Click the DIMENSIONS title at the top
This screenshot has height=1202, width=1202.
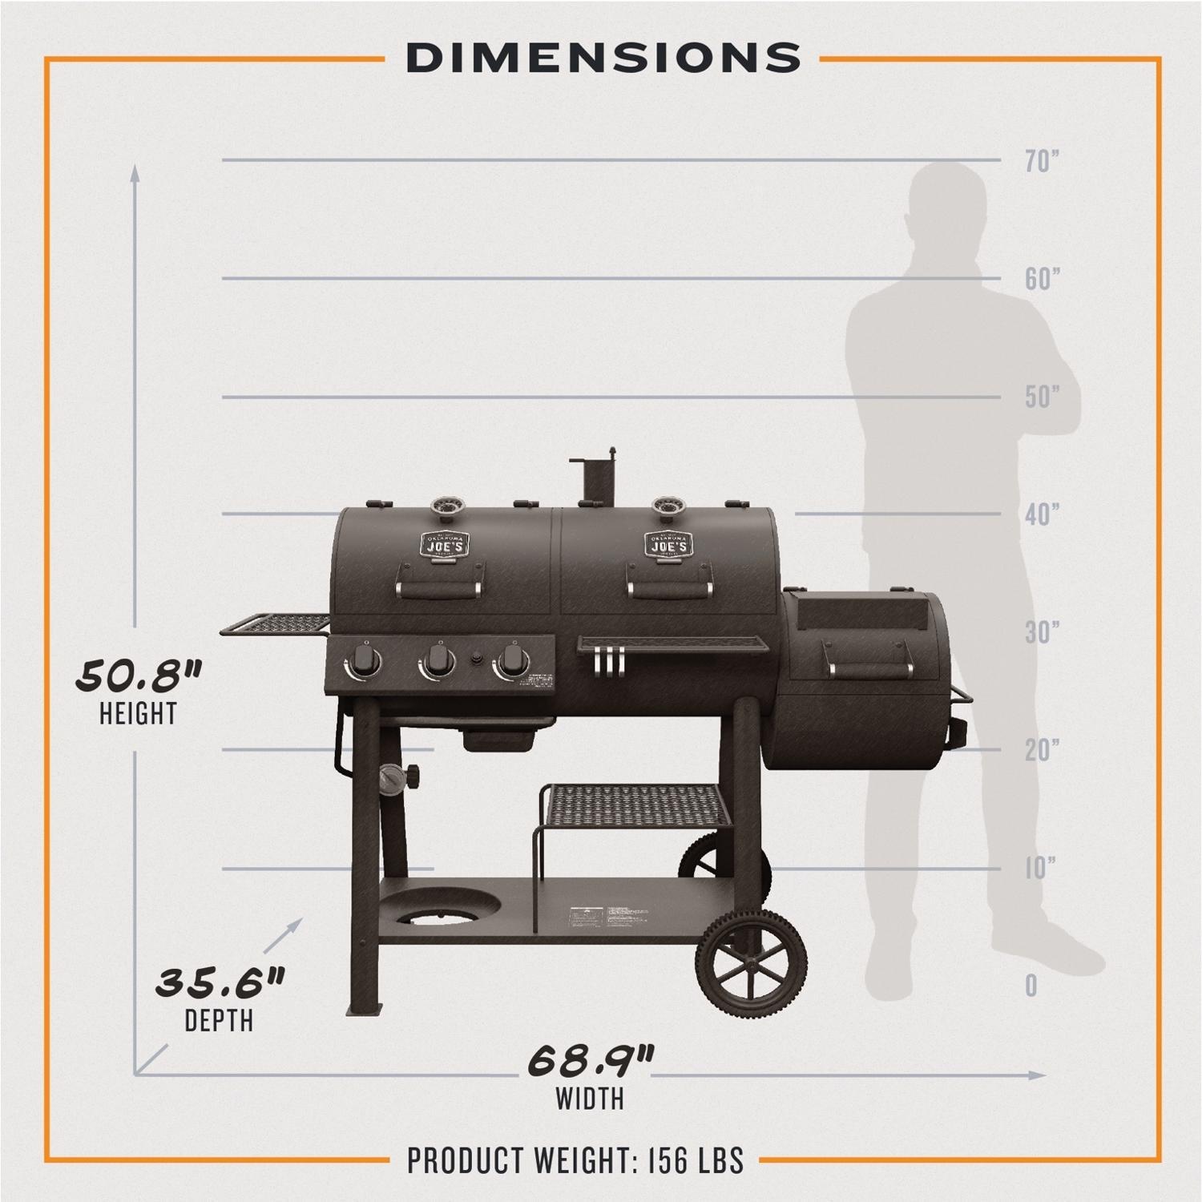click(603, 58)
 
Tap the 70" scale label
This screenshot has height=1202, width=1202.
click(1043, 161)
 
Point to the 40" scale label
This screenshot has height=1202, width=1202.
click(1043, 514)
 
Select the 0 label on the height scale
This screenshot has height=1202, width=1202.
click(1031, 986)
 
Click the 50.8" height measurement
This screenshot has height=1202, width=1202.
click(138, 676)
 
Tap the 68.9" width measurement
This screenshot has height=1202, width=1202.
click(591, 1061)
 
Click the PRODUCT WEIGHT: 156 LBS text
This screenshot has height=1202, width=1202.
click(575, 1160)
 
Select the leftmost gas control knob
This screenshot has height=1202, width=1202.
click(364, 661)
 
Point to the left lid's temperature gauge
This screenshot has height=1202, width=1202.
click(443, 507)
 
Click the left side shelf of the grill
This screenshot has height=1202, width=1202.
click(272, 624)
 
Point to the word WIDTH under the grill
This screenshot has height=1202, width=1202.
click(591, 1098)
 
